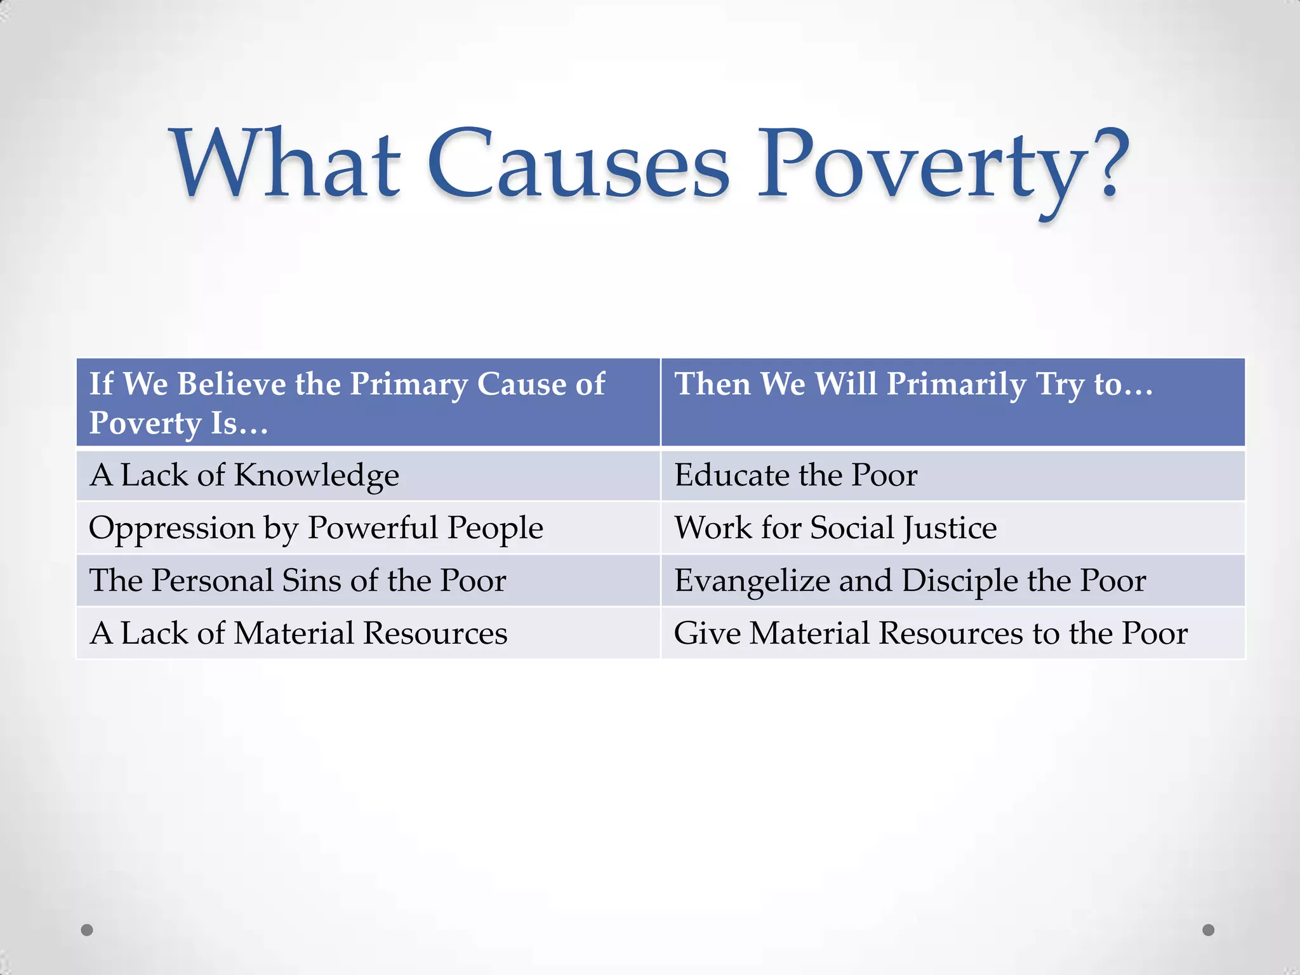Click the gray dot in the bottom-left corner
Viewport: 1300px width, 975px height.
87,930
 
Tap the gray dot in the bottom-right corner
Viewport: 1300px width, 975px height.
1209,930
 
